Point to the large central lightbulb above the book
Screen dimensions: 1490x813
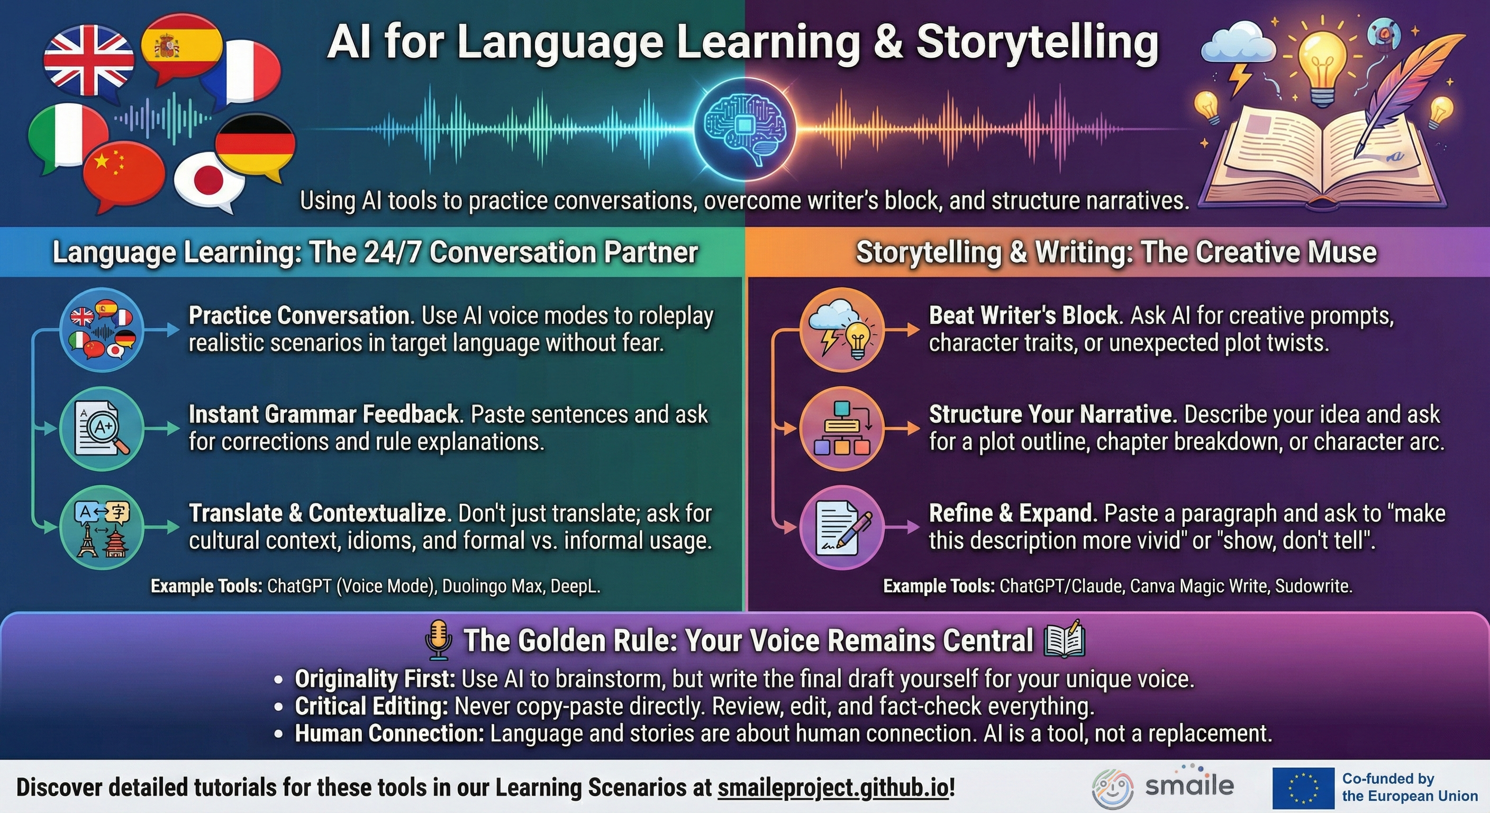coord(1321,61)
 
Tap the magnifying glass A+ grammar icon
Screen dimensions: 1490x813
coord(102,428)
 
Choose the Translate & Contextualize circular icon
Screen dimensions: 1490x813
coord(102,527)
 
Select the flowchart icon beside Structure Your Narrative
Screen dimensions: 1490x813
coord(842,428)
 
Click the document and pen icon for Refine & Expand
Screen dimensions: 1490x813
coord(842,527)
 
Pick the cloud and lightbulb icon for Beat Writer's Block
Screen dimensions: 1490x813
coord(842,330)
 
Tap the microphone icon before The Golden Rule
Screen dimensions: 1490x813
coord(439,640)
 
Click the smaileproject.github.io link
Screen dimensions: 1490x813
coord(833,788)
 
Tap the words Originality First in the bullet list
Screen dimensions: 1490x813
coord(375,679)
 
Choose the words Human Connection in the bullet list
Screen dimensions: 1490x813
coord(389,733)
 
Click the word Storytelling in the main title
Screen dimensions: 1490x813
coord(1037,42)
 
